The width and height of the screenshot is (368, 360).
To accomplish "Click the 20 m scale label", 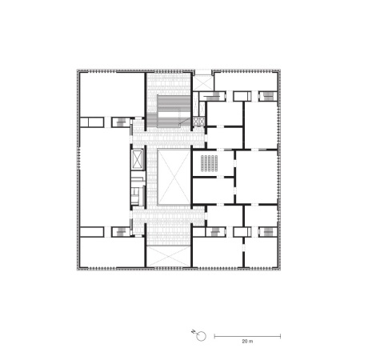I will coord(246,341).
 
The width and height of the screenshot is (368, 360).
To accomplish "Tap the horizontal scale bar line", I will coord(246,333).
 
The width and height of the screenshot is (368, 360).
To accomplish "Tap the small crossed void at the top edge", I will coord(203,81).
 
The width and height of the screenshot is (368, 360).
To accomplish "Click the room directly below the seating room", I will coord(211,191).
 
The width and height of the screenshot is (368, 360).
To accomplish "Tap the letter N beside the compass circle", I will coord(193,331).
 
